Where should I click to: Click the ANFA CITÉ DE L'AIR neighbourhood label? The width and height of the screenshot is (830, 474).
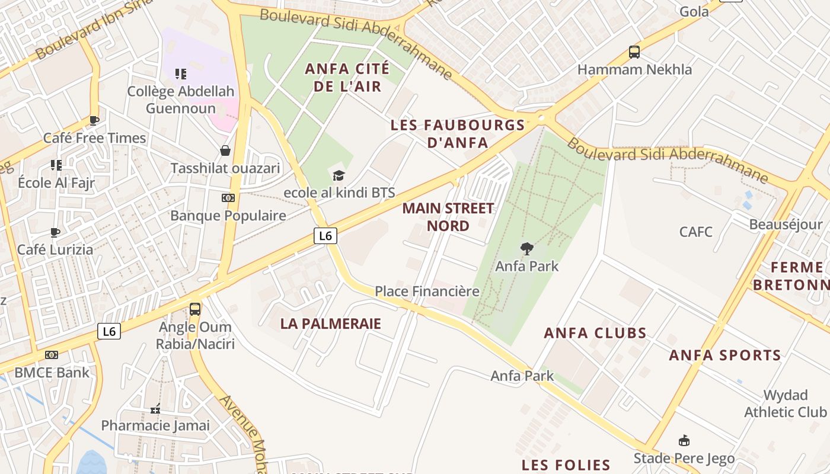click(347, 78)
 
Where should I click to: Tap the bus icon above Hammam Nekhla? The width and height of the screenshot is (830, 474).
click(634, 52)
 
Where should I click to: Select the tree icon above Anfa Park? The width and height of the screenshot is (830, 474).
click(526, 249)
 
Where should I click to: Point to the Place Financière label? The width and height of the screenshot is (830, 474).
click(427, 292)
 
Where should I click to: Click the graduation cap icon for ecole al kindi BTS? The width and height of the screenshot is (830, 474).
click(339, 175)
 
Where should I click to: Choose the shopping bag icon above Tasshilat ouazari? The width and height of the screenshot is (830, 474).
click(225, 150)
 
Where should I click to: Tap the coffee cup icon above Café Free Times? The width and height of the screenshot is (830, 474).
click(94, 120)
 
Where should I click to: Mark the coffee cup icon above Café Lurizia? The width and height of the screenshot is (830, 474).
click(55, 232)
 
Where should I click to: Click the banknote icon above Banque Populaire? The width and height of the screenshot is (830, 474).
click(228, 198)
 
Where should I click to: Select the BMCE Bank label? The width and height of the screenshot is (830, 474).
click(52, 373)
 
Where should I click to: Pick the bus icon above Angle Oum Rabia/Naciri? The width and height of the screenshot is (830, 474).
click(195, 309)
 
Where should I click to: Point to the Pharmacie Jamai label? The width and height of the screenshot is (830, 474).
click(155, 425)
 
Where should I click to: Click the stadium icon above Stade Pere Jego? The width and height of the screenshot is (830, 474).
click(684, 441)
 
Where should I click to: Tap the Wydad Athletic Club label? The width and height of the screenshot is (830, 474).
click(785, 403)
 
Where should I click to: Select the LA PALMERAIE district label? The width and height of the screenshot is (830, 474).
click(331, 324)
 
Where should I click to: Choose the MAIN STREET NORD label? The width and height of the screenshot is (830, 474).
click(448, 217)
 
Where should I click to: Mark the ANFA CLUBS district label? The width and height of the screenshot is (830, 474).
click(595, 333)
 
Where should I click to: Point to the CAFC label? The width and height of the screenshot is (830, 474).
click(696, 232)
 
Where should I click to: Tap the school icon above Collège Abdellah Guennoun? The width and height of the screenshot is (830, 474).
click(181, 74)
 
